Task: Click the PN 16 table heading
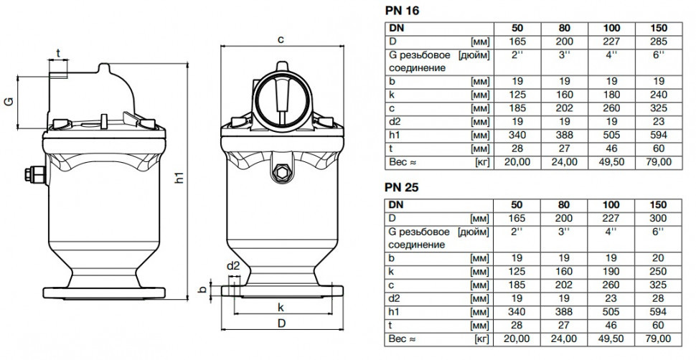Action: coord(401,10)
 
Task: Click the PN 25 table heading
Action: coord(401,187)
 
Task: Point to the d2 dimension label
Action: coord(233,266)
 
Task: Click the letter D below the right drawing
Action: coord(281,323)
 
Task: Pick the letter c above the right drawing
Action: coord(281,39)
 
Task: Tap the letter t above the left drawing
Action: coord(58,53)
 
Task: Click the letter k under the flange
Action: coord(281,307)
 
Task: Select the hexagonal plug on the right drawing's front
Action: coord(281,172)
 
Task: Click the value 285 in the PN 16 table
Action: coord(658,42)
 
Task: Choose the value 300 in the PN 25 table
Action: coord(658,219)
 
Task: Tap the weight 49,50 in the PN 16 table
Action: coord(611,162)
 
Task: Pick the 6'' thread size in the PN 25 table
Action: coord(658,232)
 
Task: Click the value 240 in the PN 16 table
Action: coord(658,95)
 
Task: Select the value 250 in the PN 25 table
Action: coord(658,272)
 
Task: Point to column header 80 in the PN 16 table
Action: coord(564,28)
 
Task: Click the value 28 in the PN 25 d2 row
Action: coord(658,298)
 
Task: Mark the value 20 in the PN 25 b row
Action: coord(658,258)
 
